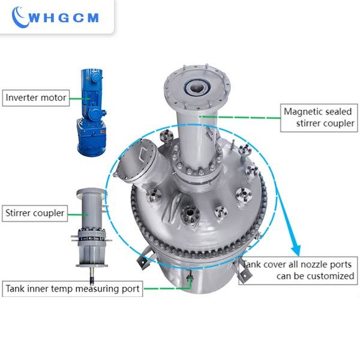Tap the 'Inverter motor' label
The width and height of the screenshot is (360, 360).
pyautogui.click(x=36, y=97)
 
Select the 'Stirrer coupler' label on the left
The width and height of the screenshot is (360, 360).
pyautogui.click(x=35, y=212)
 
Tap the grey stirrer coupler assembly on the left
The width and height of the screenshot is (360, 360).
pyautogui.click(x=90, y=228)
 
